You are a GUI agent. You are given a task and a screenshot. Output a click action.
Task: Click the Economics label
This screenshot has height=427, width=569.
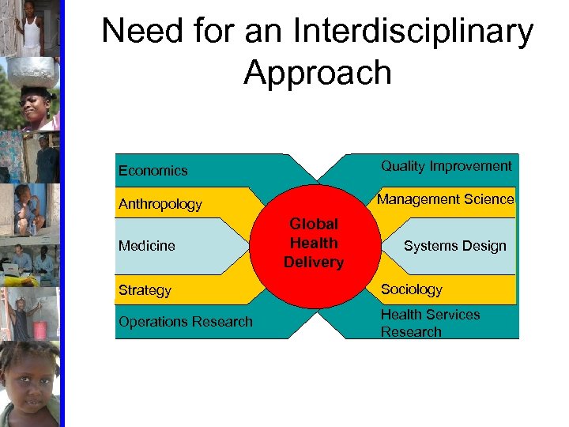pyautogui.click(x=153, y=171)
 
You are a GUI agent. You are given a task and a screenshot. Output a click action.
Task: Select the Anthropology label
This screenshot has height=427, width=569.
pyautogui.click(x=160, y=204)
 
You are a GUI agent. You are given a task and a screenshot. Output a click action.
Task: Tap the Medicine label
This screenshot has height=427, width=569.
pyautogui.click(x=147, y=246)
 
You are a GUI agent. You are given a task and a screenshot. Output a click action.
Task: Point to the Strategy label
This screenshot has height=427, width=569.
pyautogui.click(x=145, y=290)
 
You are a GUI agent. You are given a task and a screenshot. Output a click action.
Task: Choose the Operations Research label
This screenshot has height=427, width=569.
pyautogui.click(x=186, y=322)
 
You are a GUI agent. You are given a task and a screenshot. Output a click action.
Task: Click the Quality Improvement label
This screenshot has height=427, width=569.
pyautogui.click(x=447, y=166)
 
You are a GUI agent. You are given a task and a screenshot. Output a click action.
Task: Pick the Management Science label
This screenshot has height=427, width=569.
pyautogui.click(x=446, y=199)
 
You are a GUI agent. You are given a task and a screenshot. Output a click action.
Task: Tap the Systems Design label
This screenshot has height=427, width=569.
pyautogui.click(x=454, y=246)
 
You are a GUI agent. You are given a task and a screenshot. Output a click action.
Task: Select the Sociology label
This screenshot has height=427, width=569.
pyautogui.click(x=412, y=289)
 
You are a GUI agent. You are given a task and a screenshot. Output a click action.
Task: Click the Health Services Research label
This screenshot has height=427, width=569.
pyautogui.click(x=430, y=323)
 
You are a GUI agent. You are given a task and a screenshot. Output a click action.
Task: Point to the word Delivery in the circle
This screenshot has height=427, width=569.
pyautogui.click(x=314, y=263)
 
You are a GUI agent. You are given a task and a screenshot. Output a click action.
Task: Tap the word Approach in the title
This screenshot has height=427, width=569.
pyautogui.click(x=318, y=73)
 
